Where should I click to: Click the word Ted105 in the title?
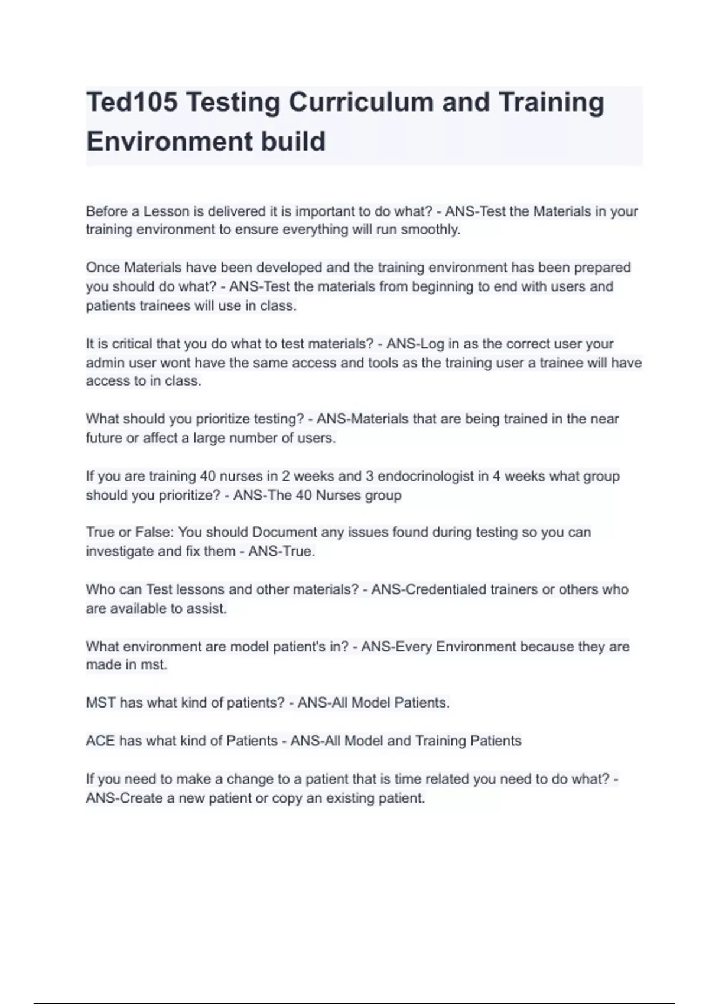pos(132,103)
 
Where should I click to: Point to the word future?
pos(103,438)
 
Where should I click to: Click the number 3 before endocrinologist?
pos(369,476)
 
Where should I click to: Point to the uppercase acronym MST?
pos(100,703)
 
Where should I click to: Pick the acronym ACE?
pos(100,741)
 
